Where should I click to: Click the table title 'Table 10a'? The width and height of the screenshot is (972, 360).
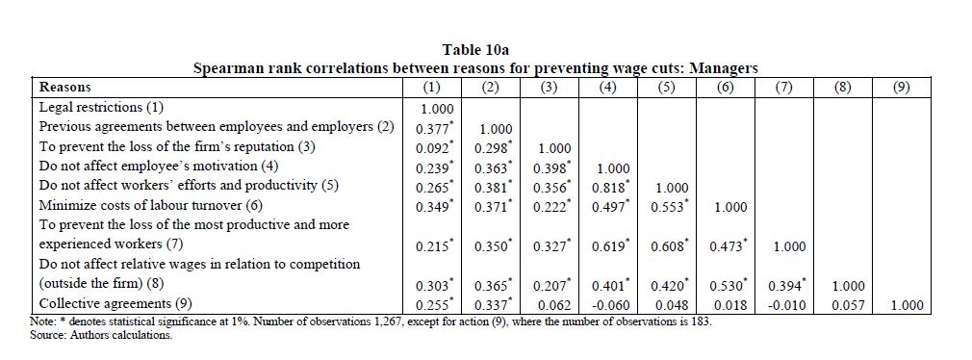click(475, 49)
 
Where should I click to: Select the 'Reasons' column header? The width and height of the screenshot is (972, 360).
click(65, 88)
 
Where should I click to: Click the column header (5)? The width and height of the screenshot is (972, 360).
click(665, 88)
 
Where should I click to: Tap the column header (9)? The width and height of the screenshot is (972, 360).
click(901, 88)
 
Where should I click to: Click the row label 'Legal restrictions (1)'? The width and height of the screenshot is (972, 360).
click(101, 107)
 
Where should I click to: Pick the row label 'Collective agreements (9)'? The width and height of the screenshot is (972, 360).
click(115, 303)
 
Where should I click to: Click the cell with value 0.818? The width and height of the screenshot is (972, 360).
click(610, 187)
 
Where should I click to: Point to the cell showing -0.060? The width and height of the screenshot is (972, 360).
click(610, 305)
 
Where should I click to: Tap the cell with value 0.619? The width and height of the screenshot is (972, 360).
click(610, 246)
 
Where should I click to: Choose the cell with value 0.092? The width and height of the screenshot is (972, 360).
click(434, 148)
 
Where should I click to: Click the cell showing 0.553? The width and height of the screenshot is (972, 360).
click(670, 207)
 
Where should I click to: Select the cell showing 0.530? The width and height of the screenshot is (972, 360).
click(729, 285)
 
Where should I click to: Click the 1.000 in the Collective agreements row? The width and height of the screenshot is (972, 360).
click(907, 305)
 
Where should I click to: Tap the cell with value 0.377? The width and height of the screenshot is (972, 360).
click(434, 128)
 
